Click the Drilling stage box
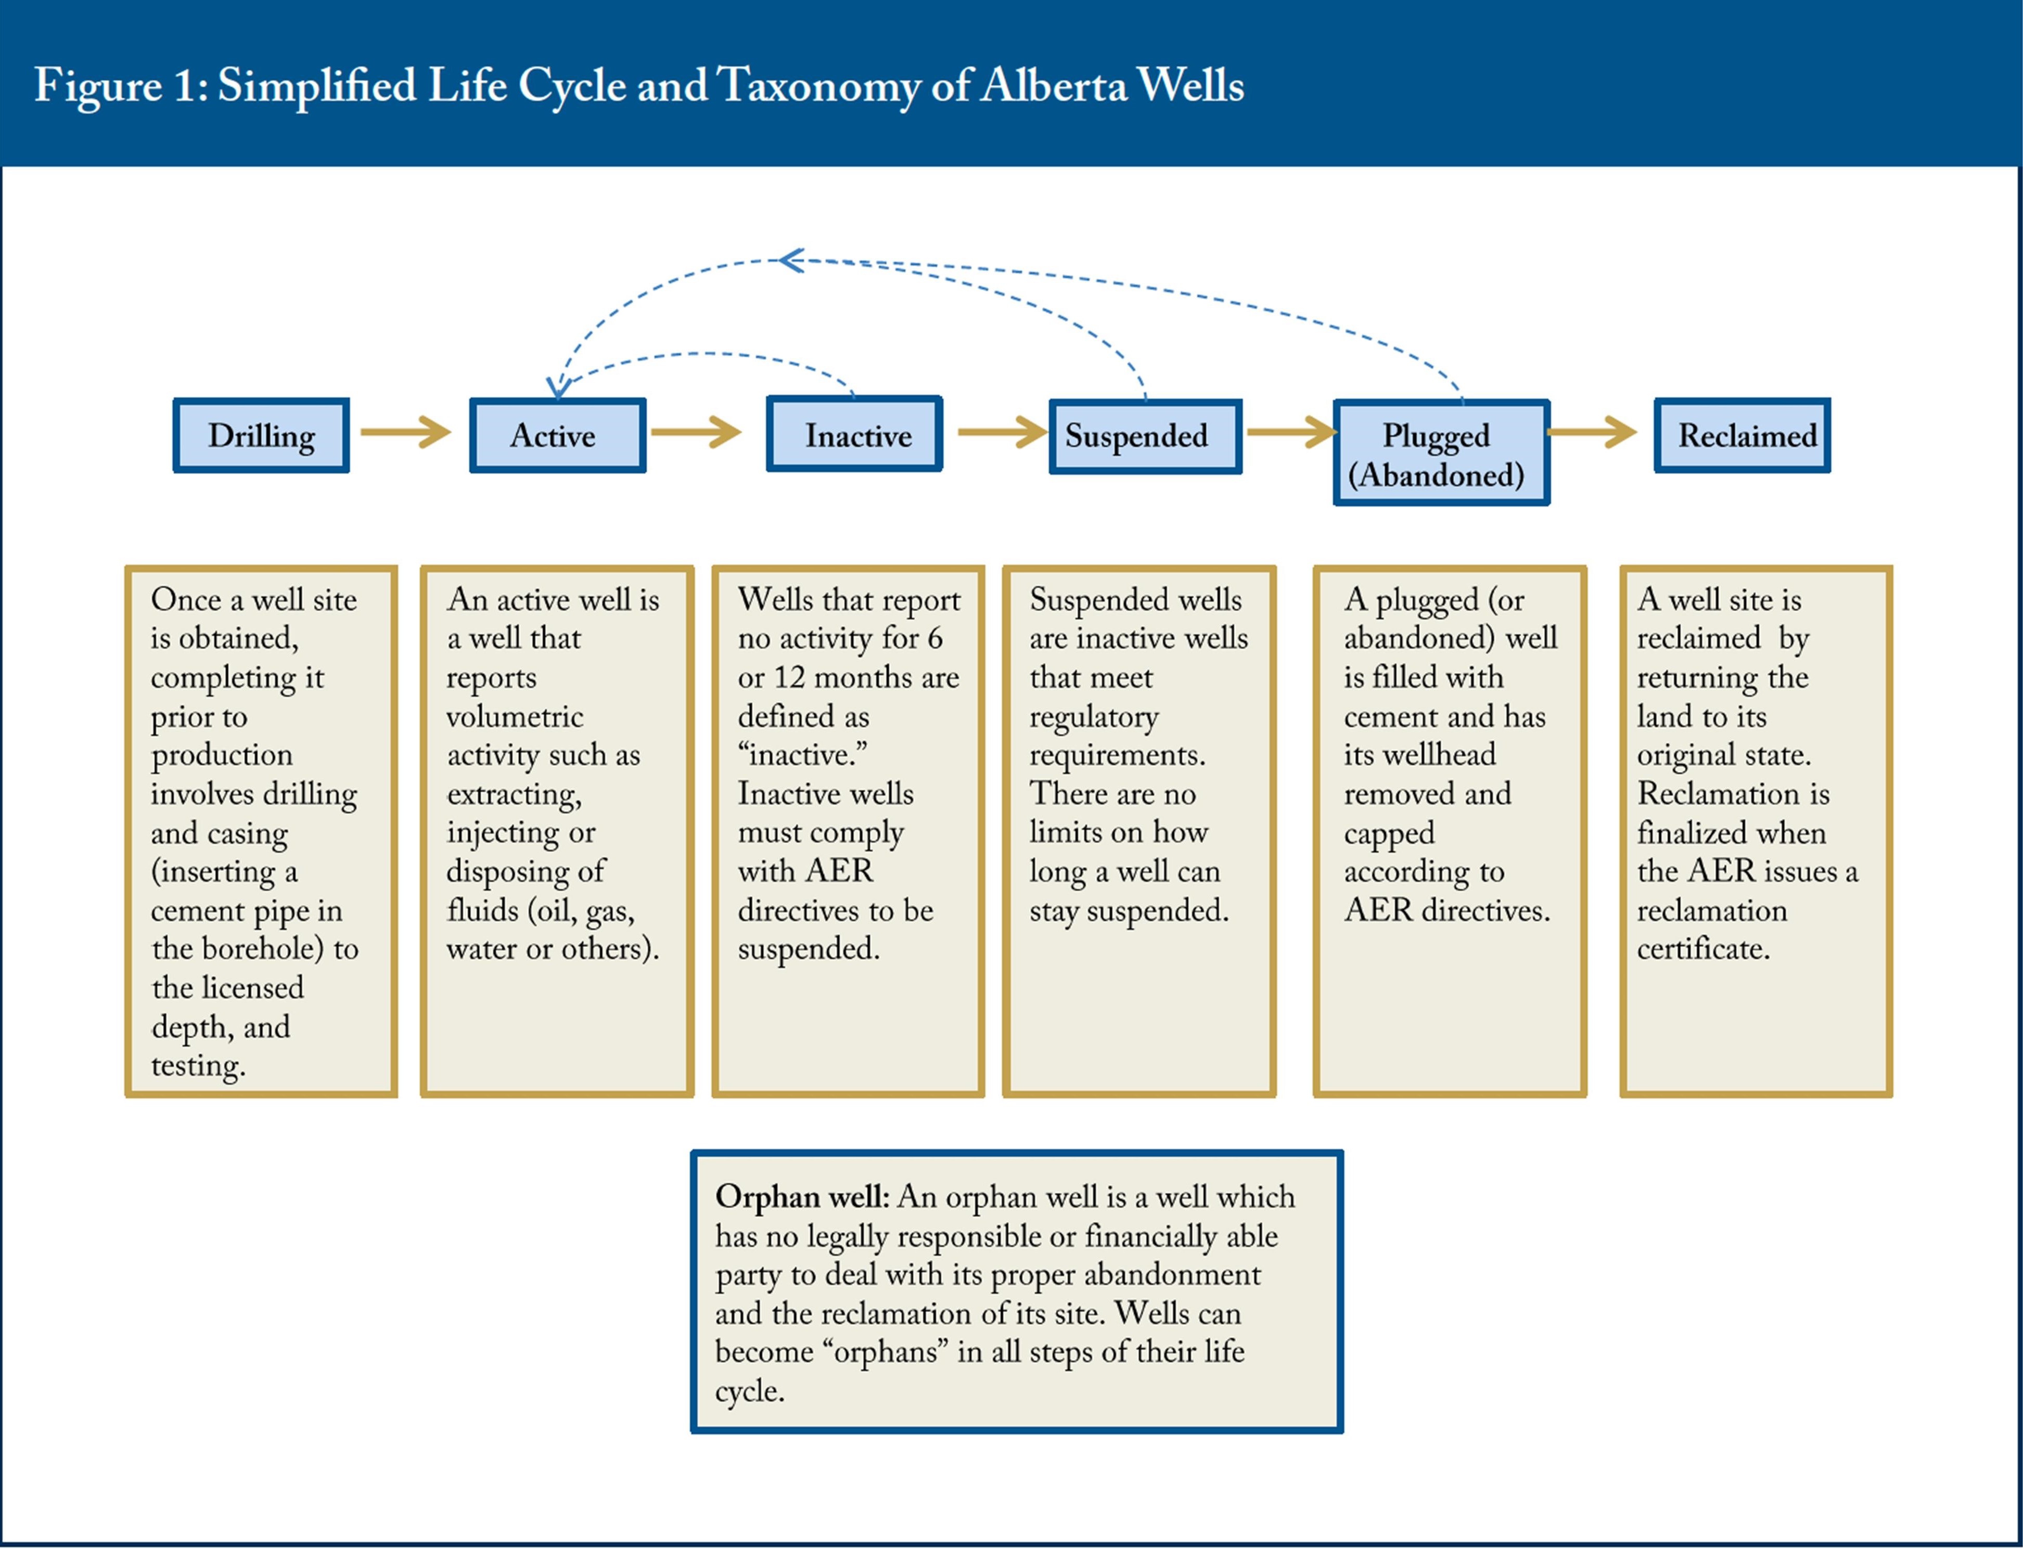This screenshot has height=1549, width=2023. (261, 435)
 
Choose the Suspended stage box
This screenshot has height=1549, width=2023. (1145, 436)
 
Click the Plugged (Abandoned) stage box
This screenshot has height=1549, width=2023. (1441, 453)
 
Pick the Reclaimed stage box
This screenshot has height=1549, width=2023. (1742, 435)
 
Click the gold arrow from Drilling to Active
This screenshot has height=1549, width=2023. (406, 432)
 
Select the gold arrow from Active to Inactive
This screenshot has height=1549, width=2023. (696, 432)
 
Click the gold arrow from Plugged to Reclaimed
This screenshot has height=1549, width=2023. (1592, 432)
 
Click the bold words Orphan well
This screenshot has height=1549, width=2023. (801, 1197)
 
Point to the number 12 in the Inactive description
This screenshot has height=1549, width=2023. (788, 678)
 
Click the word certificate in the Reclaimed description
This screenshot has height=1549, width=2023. (1703, 949)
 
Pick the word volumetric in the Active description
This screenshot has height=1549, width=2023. (515, 716)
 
